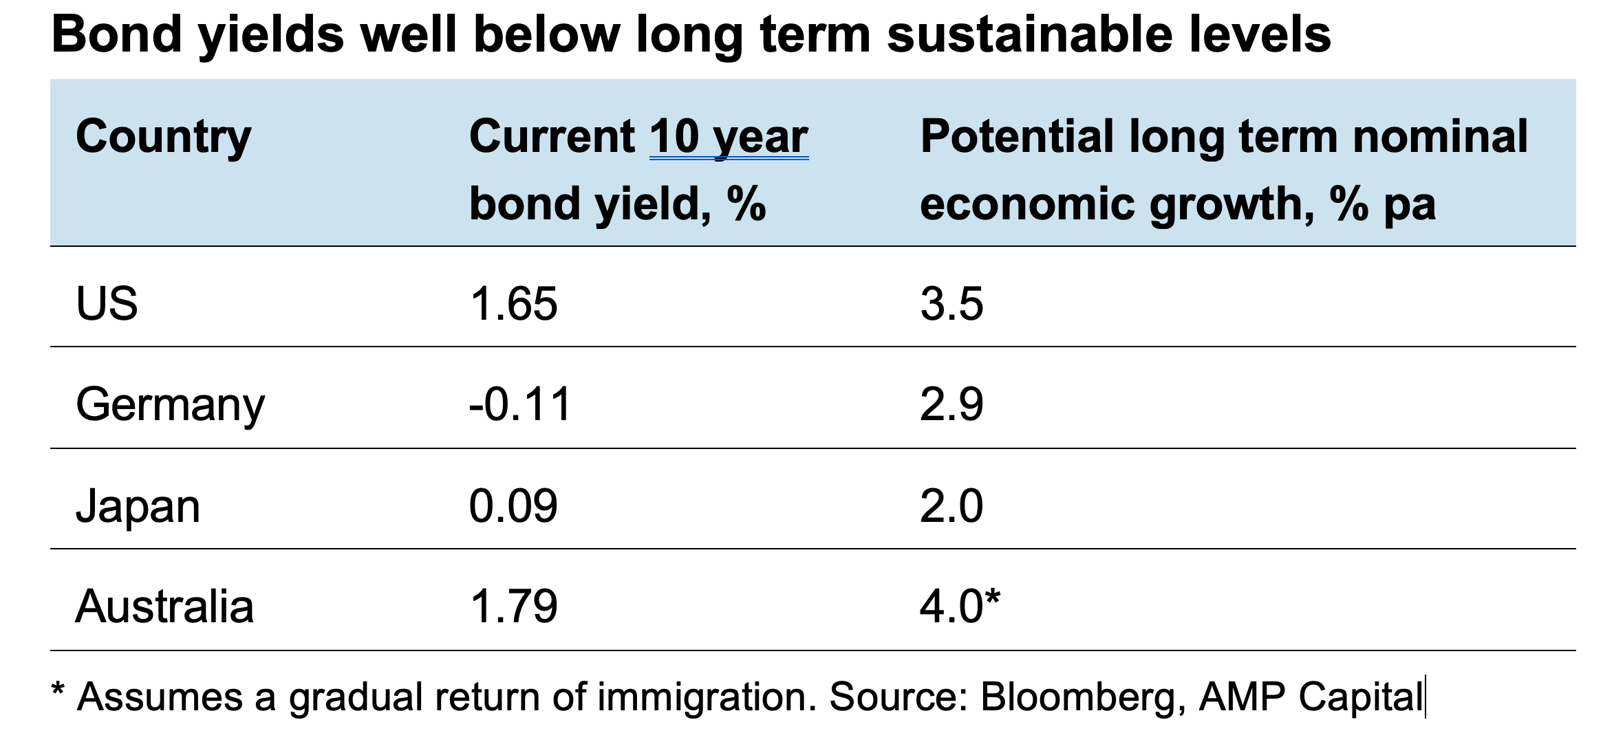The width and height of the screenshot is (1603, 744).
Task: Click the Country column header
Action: (163, 137)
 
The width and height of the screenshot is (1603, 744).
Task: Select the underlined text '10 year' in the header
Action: (729, 137)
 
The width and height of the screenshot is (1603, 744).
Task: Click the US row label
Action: (107, 303)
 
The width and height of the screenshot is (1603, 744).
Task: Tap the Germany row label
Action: (170, 404)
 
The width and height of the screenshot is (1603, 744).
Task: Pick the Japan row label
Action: (138, 506)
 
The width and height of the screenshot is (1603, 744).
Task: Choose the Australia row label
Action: (164, 606)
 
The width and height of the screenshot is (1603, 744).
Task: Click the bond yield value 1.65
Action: (513, 303)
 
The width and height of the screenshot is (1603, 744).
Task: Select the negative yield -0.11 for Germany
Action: (520, 404)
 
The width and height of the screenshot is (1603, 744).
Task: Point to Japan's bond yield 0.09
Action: (513, 506)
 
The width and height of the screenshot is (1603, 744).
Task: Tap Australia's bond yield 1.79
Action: (513, 606)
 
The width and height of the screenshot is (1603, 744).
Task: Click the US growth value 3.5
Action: (951, 303)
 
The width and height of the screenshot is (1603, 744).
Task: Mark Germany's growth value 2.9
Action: (951, 404)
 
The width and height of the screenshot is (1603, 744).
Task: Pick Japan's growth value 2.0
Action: (951, 506)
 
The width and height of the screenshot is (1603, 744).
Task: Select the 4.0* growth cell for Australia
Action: (960, 606)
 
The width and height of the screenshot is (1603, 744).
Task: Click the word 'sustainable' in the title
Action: (1029, 34)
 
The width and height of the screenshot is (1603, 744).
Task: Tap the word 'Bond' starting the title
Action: (116, 34)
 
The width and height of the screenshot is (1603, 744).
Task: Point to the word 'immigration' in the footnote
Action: (702, 697)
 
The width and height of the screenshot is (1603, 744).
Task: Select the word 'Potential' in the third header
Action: (1017, 137)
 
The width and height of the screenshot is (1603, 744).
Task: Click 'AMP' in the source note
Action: (1242, 697)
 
